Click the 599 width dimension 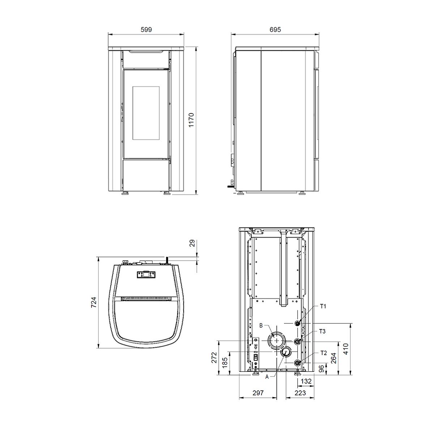coord(146,30)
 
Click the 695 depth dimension coord(275,30)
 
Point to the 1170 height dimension coord(191,120)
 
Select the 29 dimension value coord(192,243)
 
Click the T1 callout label coord(323,306)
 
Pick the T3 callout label coord(322,331)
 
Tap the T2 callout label coord(323,353)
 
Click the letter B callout coord(261,325)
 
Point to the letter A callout coord(267,376)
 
